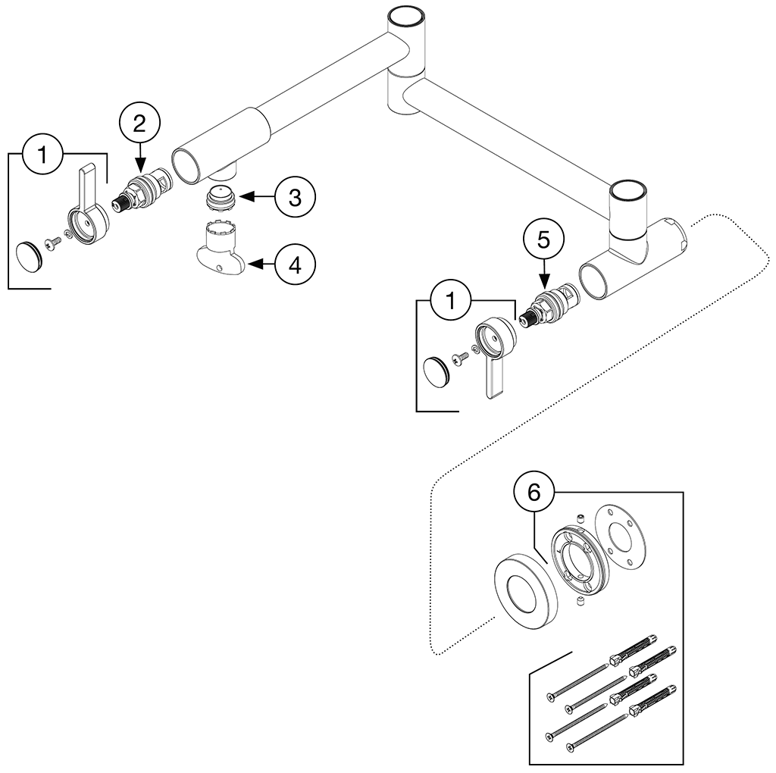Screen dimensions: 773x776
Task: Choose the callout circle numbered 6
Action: click(x=533, y=493)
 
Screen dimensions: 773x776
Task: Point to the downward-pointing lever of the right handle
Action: click(x=493, y=379)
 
